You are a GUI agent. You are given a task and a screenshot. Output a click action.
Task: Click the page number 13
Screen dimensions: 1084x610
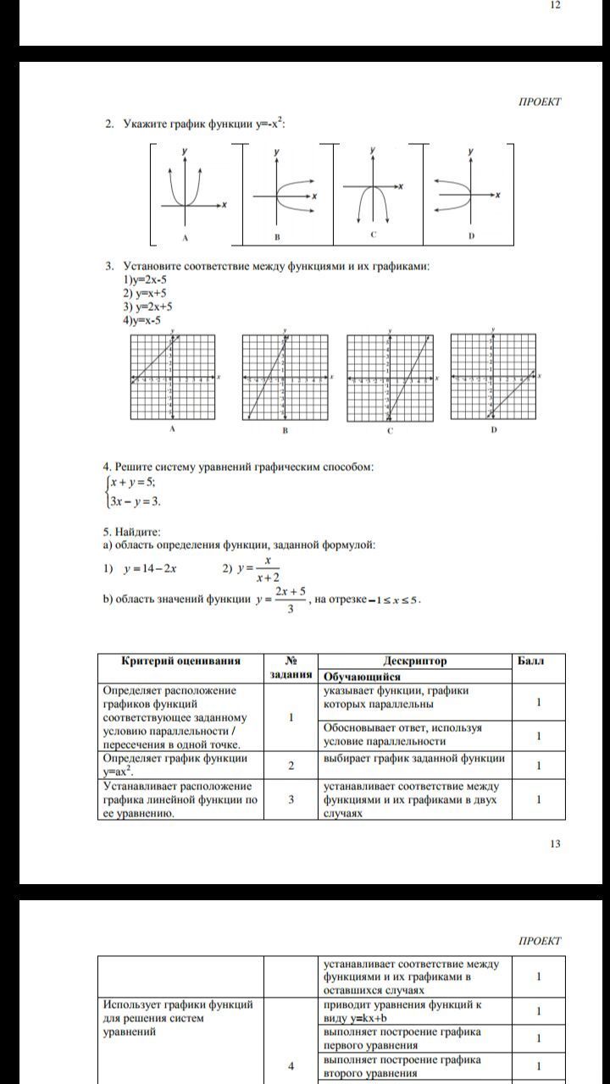(555, 843)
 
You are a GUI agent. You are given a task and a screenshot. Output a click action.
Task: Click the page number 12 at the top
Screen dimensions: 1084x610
(555, 5)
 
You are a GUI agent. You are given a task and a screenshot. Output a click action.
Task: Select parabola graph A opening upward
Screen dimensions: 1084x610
(185, 191)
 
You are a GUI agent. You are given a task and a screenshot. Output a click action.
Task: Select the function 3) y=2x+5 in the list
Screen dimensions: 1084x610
(148, 307)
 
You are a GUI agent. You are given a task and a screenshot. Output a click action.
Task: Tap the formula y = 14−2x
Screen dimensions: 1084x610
(149, 569)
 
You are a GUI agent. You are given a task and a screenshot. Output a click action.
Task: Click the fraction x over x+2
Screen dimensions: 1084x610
(267, 569)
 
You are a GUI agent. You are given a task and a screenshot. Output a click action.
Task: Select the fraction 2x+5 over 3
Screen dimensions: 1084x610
(290, 600)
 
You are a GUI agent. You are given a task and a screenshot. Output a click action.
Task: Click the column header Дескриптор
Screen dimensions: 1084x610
(414, 661)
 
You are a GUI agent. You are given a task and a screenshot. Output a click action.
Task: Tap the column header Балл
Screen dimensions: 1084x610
(531, 661)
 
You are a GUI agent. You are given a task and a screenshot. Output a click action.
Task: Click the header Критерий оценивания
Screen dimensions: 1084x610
(180, 661)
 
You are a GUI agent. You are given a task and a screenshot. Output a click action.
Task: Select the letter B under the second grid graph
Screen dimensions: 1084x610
(285, 430)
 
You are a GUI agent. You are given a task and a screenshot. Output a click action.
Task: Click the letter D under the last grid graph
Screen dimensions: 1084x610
(493, 429)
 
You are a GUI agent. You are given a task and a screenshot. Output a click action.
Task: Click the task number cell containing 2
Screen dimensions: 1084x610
(291, 766)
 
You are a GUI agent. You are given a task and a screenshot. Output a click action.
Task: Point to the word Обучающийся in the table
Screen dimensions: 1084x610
(362, 677)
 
